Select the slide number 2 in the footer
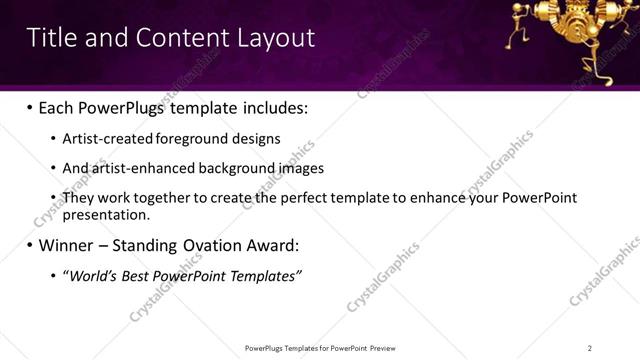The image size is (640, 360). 590,348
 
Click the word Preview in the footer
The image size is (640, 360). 382,348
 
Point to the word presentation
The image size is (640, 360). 106,214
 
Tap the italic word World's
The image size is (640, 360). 93,275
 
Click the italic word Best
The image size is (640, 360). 139,275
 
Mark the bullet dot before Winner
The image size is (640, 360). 29,245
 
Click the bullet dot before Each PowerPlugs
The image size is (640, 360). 29,106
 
